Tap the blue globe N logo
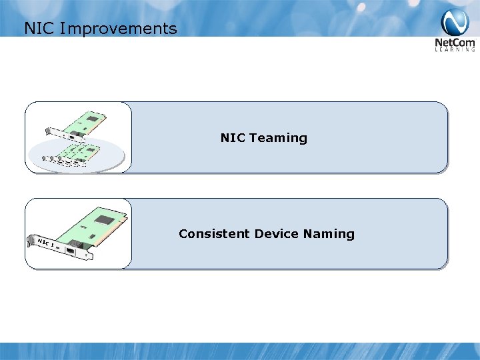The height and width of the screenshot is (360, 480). coord(455,23)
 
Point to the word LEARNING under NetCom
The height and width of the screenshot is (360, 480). coord(455,49)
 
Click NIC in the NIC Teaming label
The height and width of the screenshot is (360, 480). coord(233,138)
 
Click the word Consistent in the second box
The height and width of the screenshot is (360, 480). coord(205,234)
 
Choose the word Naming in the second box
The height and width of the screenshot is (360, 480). coord(329,234)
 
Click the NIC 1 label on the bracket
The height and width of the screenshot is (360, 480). coord(46,241)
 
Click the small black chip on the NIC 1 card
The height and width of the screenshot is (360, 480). coord(85,234)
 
